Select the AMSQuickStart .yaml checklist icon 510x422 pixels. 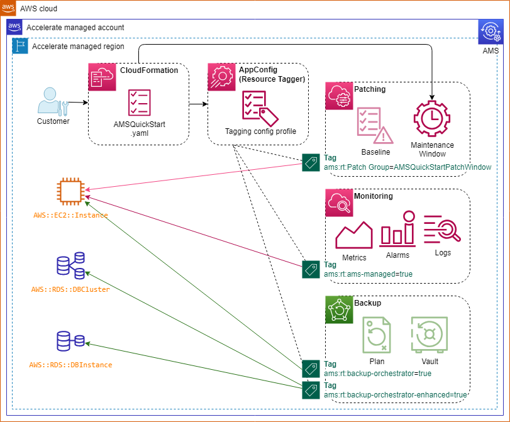click(139, 103)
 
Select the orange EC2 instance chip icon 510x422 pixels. click(70, 191)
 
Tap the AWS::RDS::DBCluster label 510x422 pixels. click(70, 289)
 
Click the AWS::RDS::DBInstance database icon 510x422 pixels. click(70, 341)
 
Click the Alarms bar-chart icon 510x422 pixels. click(397, 231)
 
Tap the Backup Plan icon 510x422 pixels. click(377, 334)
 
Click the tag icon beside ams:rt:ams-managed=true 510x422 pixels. click(311, 270)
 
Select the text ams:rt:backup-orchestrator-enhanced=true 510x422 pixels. click(396, 395)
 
